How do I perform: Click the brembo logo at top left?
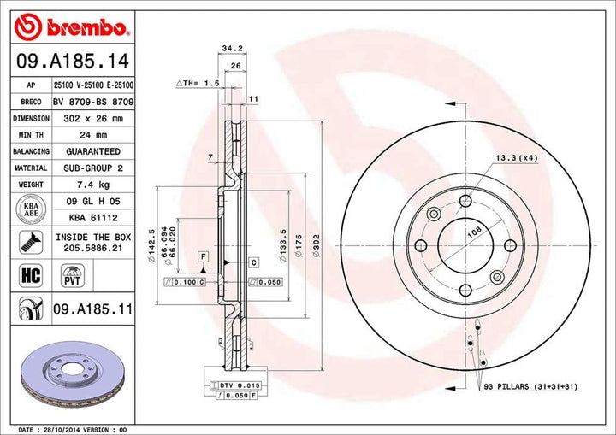[73, 27]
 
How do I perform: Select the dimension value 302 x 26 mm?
[93, 119]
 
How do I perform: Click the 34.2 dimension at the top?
[227, 49]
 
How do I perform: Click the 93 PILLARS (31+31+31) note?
[530, 387]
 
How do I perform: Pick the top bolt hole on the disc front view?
[465, 201]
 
